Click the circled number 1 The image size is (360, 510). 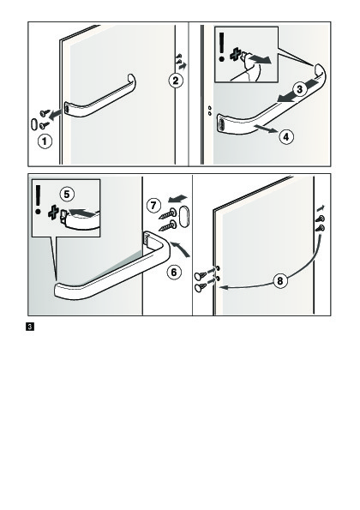45,141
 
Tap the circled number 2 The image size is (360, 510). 176,81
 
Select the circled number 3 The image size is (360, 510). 299,88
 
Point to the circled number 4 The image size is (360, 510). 285,136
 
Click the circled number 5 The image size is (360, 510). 67,195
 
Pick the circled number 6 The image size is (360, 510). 174,272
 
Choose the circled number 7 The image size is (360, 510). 153,205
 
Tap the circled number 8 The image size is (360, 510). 280,280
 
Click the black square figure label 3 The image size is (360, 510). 30,327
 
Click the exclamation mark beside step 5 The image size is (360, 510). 38,200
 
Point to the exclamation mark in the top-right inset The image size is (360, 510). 222,47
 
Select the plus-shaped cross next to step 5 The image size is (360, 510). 53,213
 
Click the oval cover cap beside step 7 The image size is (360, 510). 183,216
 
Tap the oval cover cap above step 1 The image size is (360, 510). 34,124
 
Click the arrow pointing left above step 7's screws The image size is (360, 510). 177,198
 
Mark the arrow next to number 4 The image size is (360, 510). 266,129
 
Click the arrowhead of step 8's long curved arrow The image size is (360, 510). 222,287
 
